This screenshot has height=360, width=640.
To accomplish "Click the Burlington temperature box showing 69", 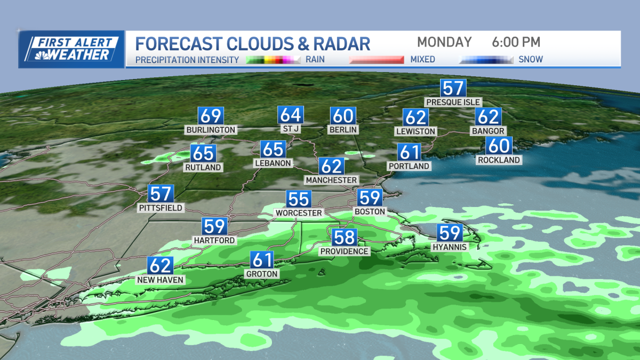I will pyautogui.click(x=210, y=116).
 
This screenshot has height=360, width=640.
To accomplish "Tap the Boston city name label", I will pyautogui.click(x=370, y=212).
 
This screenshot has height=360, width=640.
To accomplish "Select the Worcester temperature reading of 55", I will pyautogui.click(x=298, y=199).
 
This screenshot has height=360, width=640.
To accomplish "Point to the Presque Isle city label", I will pyautogui.click(x=453, y=102).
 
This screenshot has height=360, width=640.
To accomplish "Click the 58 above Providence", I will pyautogui.click(x=344, y=237).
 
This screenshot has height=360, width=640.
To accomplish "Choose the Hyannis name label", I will pyautogui.click(x=450, y=247).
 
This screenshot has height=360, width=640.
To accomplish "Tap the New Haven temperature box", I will pyautogui.click(x=161, y=266).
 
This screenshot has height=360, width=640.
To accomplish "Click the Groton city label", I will pyautogui.click(x=262, y=274).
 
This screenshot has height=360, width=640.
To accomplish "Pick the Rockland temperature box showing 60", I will pyautogui.click(x=499, y=146).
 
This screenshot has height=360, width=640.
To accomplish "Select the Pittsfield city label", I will pyautogui.click(x=161, y=207).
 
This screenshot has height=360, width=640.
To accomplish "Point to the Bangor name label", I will pyautogui.click(x=488, y=131).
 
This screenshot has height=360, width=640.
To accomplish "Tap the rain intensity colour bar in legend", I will pyautogui.click(x=274, y=59).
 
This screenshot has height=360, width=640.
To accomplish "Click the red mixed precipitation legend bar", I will pyautogui.click(x=377, y=59).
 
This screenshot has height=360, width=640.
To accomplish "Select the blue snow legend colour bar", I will pyautogui.click(x=486, y=59).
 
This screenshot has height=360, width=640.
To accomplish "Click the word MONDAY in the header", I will pyautogui.click(x=444, y=42).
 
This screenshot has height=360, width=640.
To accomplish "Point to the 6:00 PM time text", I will pyautogui.click(x=515, y=42).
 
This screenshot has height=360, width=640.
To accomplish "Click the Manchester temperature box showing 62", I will pyautogui.click(x=331, y=166).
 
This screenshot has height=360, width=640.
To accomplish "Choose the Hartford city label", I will pyautogui.click(x=215, y=241).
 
